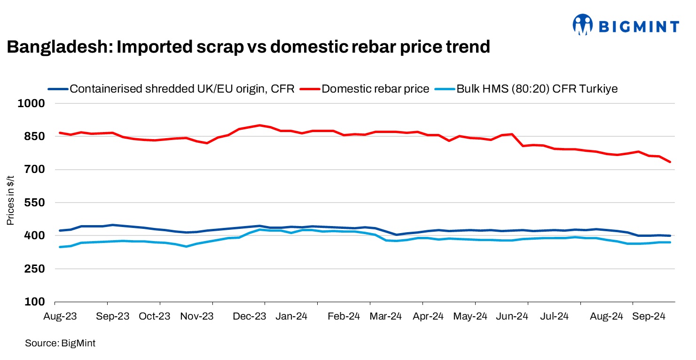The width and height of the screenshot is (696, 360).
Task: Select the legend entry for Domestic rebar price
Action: pyautogui.click(x=375, y=89)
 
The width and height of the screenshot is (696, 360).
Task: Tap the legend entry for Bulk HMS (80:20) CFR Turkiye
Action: pyautogui.click(x=537, y=89)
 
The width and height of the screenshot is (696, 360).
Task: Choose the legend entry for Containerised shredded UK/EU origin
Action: pyautogui.click(x=181, y=89)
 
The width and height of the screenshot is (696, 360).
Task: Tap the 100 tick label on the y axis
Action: pyautogui.click(x=35, y=302)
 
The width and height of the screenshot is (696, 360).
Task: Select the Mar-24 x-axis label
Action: pyautogui.click(x=386, y=316)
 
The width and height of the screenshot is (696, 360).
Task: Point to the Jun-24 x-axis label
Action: pyautogui.click(x=512, y=316)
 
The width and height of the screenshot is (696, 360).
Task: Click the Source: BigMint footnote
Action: pyautogui.click(x=60, y=344)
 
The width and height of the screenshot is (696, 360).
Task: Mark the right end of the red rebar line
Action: pyautogui.click(x=670, y=162)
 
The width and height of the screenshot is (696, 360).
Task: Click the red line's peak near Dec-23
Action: pyautogui.click(x=259, y=125)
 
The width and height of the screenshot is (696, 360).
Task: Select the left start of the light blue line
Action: pyautogui.click(x=60, y=247)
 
